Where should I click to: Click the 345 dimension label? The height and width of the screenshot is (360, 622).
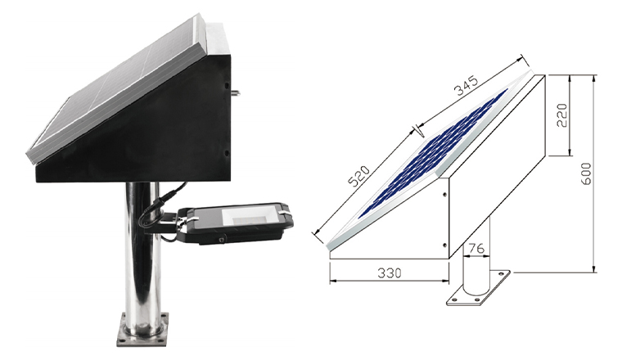click(x=466, y=86)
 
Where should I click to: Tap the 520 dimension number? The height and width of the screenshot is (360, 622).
click(x=358, y=176)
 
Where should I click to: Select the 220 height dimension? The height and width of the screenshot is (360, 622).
click(x=562, y=115)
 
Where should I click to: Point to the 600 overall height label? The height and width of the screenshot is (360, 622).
click(x=585, y=173)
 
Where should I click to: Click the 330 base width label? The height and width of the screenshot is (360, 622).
click(x=389, y=272)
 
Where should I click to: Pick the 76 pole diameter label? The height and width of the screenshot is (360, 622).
click(x=476, y=249)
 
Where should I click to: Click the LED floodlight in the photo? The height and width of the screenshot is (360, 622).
click(x=234, y=223)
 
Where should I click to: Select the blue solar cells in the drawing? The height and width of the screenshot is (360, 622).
click(x=432, y=154)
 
